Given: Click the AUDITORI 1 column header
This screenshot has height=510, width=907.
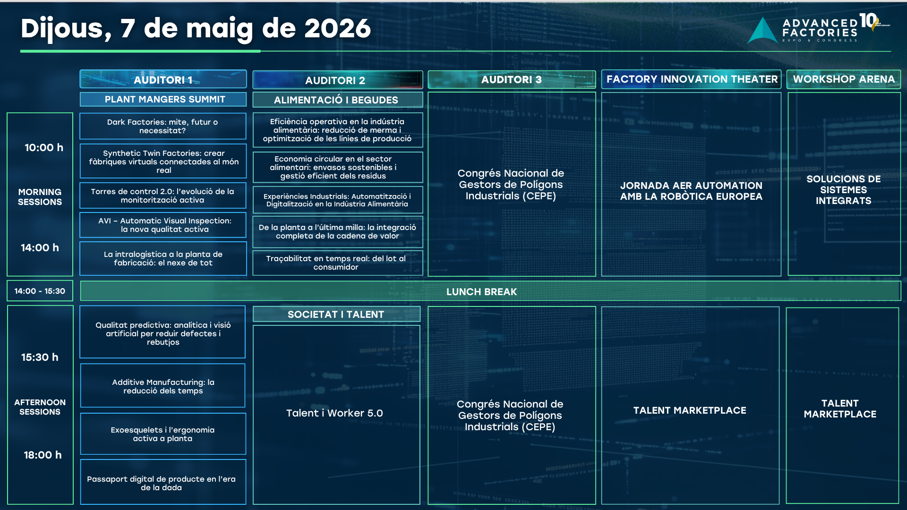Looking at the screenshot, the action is [x=163, y=79].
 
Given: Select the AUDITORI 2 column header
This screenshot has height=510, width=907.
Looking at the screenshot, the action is [x=337, y=80].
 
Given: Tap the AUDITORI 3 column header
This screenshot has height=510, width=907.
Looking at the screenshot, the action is [x=512, y=79].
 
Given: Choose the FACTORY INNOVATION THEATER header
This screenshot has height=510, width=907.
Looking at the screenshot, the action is [x=692, y=79].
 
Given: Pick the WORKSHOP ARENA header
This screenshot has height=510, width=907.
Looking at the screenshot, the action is [x=844, y=79].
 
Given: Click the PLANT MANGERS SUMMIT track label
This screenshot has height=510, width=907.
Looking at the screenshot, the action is [x=163, y=99].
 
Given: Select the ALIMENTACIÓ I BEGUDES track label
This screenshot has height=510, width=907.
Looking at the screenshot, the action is [x=337, y=100].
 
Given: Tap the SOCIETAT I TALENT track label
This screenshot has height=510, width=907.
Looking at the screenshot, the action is [x=336, y=314].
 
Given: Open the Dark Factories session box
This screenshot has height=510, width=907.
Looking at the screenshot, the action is [x=163, y=126].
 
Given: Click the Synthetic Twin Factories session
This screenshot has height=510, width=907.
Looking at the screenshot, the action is [x=163, y=161].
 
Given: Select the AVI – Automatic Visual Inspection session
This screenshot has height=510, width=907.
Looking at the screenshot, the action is [x=163, y=225].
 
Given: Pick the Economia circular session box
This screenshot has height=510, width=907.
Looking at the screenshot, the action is [x=337, y=167].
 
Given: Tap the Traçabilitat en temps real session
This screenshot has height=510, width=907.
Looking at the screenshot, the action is [x=337, y=263].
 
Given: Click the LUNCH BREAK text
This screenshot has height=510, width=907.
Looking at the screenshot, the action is [x=481, y=292].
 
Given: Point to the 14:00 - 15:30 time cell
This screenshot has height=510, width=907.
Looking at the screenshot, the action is [x=40, y=291].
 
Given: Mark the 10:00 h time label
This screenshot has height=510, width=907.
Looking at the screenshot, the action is [x=44, y=148].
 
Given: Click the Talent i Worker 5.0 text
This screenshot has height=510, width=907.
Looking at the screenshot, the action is [x=334, y=413].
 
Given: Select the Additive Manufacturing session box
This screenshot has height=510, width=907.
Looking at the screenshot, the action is [x=163, y=386].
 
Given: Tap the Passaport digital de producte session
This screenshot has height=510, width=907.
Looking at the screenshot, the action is [x=163, y=482].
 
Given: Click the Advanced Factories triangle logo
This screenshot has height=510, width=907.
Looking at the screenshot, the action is [x=762, y=31].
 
